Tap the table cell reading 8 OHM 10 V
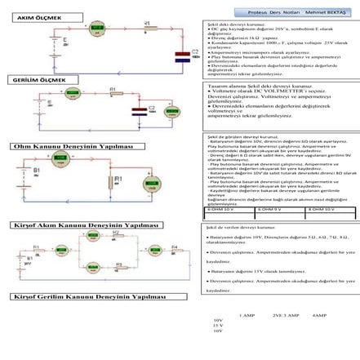coord(330,210)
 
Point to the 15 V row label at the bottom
coord(217,325)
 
